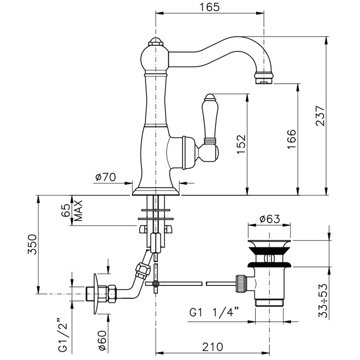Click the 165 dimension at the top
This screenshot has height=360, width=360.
click(210, 7)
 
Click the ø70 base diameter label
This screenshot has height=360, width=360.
click(105, 177)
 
